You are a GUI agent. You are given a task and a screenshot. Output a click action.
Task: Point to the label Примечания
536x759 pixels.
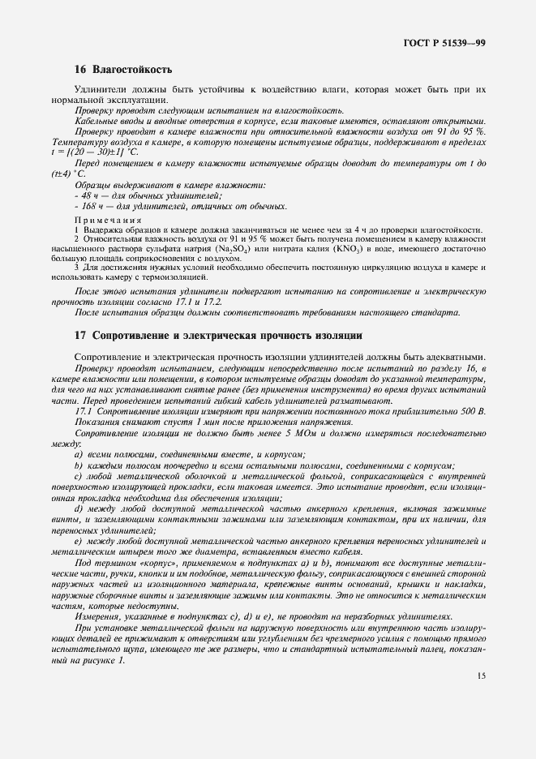tap(108, 219)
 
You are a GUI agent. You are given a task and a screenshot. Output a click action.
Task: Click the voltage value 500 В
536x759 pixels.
tap(471, 411)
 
